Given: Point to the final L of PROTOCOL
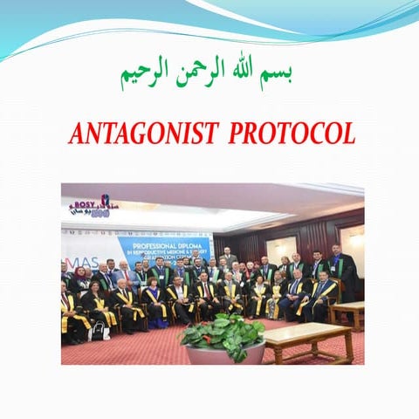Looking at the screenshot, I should click(349, 134).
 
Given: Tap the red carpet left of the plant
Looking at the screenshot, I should click(131, 349).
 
